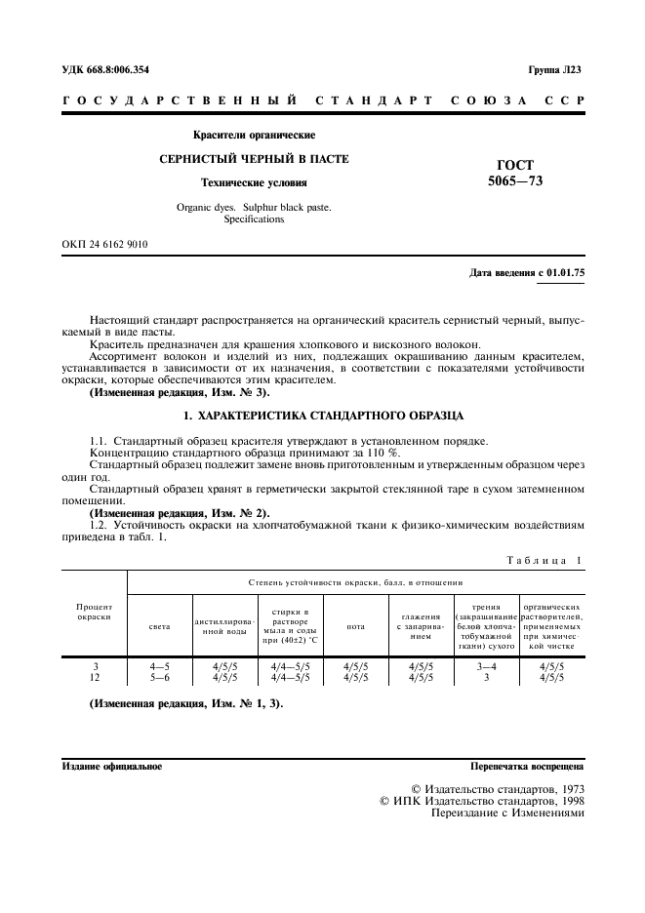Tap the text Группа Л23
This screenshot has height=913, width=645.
[554, 69]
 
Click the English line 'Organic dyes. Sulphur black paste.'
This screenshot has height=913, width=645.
[254, 207]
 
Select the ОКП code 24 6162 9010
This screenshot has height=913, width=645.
[104, 244]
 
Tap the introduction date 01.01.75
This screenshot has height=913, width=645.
[562, 273]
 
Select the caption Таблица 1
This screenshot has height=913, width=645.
[543, 560]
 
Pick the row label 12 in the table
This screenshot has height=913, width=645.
[95, 677]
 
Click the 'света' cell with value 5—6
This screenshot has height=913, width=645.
[159, 677]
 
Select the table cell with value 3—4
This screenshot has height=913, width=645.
[485, 666]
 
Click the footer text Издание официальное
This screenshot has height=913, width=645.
[111, 766]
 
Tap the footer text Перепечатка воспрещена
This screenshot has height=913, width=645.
[526, 766]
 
